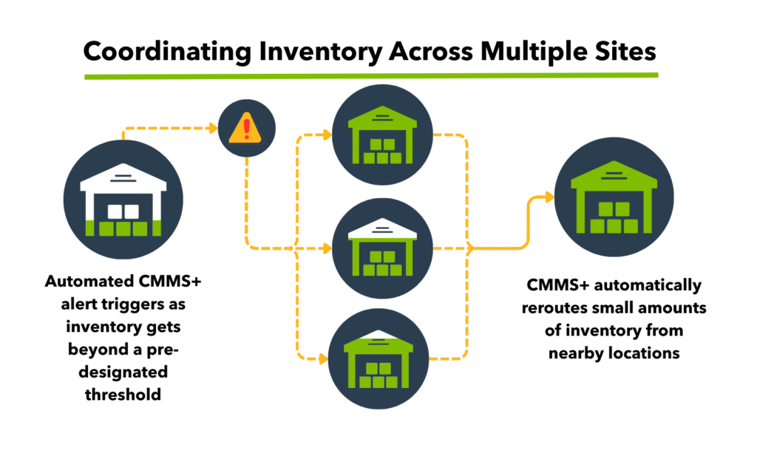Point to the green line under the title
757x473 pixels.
[x=370, y=75]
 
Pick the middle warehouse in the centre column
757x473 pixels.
[x=382, y=247]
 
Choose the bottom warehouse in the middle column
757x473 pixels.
[x=382, y=359]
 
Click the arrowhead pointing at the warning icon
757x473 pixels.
[x=212, y=129]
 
